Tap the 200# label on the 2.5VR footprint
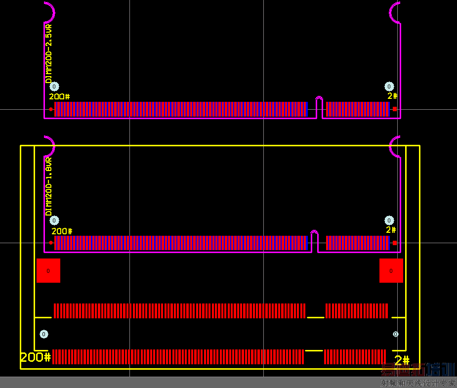click(59, 96)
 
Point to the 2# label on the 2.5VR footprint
click(392, 96)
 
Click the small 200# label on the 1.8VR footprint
click(62, 231)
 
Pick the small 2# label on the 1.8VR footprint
click(391, 230)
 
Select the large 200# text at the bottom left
click(36, 357)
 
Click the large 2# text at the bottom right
click(402, 360)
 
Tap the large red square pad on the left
click(48, 270)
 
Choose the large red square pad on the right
click(391, 270)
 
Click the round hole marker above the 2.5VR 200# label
click(54, 86)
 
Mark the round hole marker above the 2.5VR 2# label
click(389, 86)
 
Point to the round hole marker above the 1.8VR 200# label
click(54, 220)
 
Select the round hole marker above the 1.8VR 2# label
click(389, 220)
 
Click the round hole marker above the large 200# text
click(44, 334)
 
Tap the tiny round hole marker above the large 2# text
click(395, 334)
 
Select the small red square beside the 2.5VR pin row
click(395, 109)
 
